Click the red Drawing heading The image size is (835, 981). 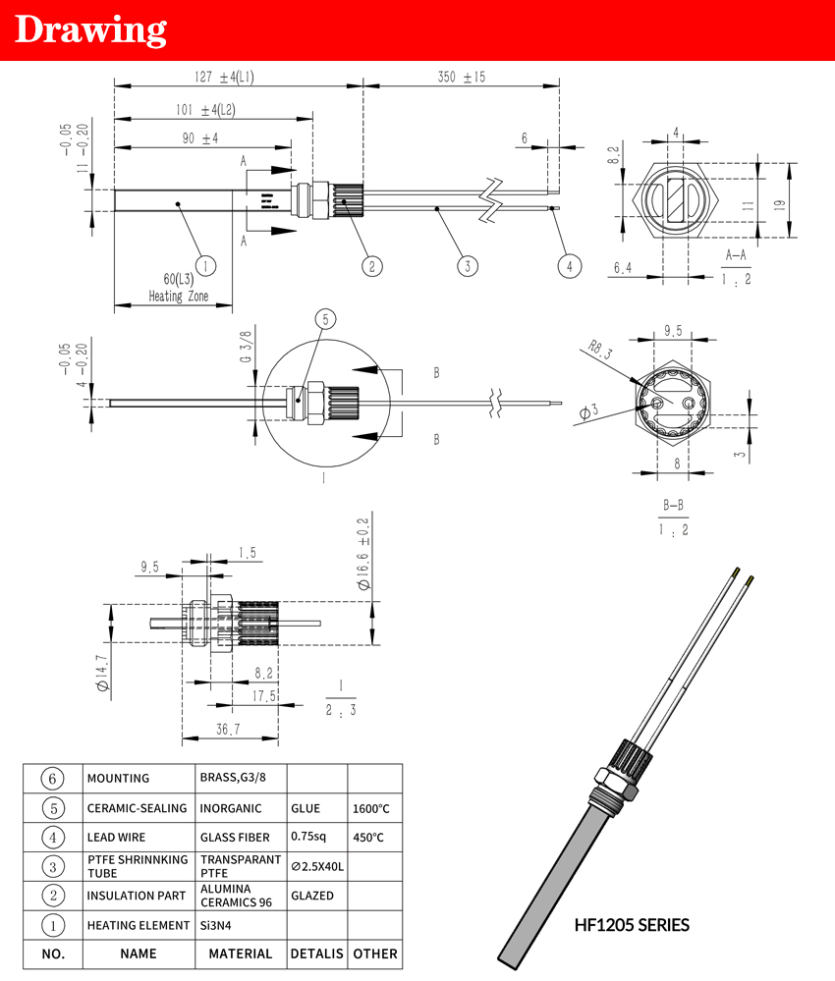click(91, 30)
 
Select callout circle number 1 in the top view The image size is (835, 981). click(205, 264)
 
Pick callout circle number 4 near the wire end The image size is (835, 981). click(570, 264)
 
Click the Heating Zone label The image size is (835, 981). click(178, 296)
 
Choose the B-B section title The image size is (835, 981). click(673, 507)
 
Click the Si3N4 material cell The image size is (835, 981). click(222, 925)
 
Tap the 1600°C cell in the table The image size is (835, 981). click(372, 809)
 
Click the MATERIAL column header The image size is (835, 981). click(241, 954)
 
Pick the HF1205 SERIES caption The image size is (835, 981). click(632, 925)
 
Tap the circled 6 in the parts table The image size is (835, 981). click(54, 778)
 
